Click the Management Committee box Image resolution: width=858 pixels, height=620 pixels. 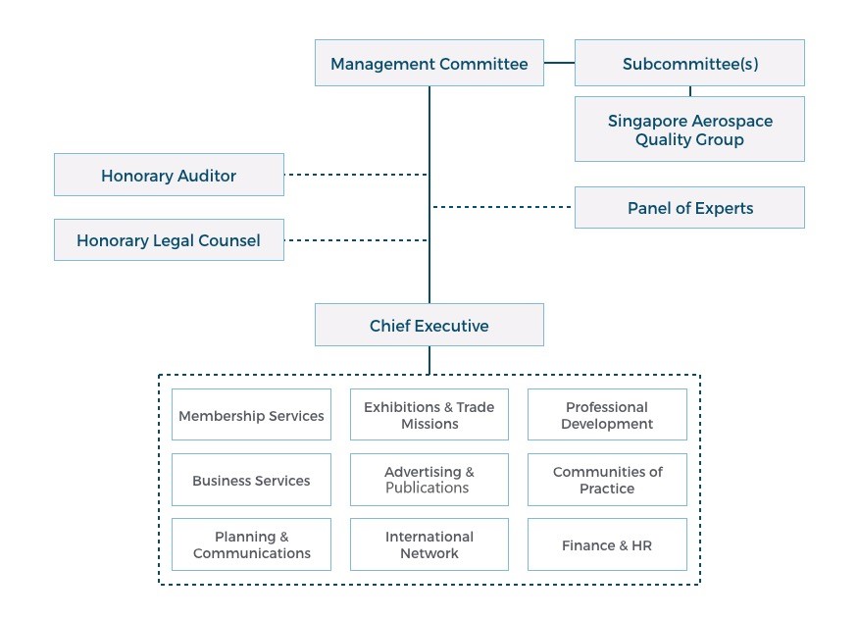click(429, 63)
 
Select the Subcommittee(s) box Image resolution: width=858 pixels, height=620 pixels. click(689, 63)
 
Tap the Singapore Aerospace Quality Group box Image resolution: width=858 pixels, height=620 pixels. click(689, 129)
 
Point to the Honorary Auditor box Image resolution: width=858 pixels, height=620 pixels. click(169, 175)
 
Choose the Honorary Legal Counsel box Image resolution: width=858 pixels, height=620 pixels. click(169, 239)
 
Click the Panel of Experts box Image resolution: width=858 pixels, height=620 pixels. click(689, 207)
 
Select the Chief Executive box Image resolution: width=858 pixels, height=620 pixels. click(429, 325)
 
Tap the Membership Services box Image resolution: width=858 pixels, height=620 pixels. click(251, 415)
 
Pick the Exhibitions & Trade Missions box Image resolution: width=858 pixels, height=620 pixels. click(429, 415)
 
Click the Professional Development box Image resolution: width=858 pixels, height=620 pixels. click(607, 415)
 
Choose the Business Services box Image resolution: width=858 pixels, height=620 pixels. click(251, 480)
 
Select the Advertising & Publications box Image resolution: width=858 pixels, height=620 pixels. click(429, 480)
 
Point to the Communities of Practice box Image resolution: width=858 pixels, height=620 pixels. click(607, 480)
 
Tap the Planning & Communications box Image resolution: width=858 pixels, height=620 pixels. click(251, 544)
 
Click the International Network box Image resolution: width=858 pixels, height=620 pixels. click(429, 544)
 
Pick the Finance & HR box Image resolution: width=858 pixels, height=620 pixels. click(607, 544)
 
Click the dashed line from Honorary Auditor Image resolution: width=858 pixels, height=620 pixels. click(356, 175)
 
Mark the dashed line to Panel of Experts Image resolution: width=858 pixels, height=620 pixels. click(502, 207)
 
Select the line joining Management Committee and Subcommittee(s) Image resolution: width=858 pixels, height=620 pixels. click(559, 63)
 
